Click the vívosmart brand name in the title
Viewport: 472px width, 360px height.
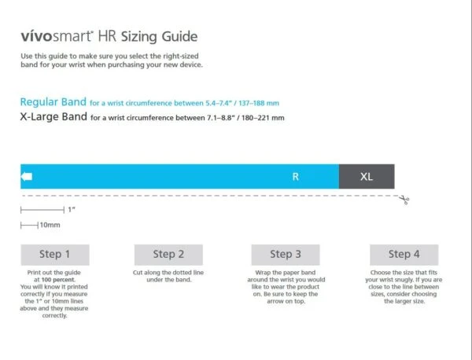pyautogui.click(x=57, y=37)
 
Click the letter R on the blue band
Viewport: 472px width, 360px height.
pyautogui.click(x=296, y=177)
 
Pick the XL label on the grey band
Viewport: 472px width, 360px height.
pyautogui.click(x=367, y=177)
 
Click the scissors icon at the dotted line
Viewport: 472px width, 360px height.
pyautogui.click(x=404, y=200)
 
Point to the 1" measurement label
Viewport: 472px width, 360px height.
pyautogui.click(x=72, y=210)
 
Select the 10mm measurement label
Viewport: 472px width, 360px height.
pyautogui.click(x=50, y=226)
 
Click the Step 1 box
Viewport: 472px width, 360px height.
pyautogui.click(x=55, y=254)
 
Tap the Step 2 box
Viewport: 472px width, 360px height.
pyautogui.click(x=168, y=254)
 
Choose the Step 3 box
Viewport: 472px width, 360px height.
pyautogui.click(x=285, y=254)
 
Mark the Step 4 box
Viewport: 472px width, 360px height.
pyautogui.click(x=404, y=254)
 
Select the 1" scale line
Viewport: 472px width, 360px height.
pyautogui.click(x=42, y=210)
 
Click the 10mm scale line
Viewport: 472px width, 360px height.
pyautogui.click(x=29, y=226)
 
